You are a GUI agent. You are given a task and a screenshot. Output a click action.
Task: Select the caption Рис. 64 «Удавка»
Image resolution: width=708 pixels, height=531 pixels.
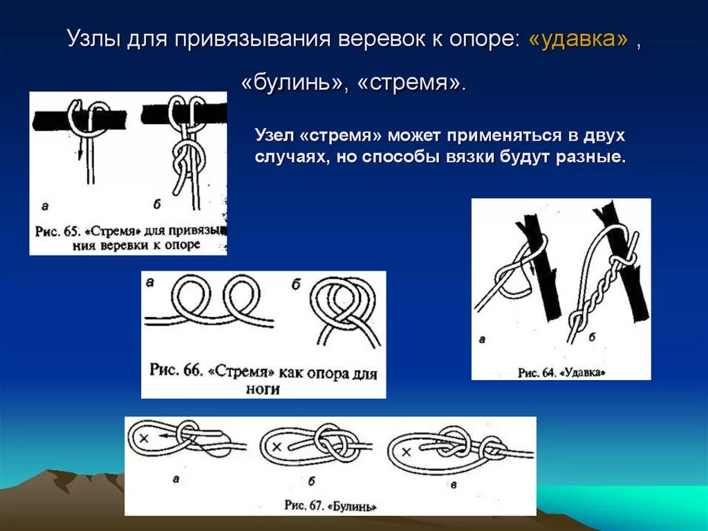[x=561, y=372]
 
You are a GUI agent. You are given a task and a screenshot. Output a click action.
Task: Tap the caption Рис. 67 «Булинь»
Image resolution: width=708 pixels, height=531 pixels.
[x=330, y=505]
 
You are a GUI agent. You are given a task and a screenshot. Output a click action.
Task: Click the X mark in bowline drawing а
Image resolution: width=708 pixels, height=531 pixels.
[x=144, y=438]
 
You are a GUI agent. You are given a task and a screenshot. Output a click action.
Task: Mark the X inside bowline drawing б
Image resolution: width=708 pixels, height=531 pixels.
[x=277, y=447]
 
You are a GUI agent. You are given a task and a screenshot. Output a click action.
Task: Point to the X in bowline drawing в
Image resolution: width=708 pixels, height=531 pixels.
[x=407, y=452]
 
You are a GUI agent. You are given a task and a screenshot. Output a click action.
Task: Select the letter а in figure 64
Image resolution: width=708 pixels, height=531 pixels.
[x=482, y=339]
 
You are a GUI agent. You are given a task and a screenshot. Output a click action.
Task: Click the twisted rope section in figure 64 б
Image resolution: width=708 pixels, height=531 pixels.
[x=593, y=291]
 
